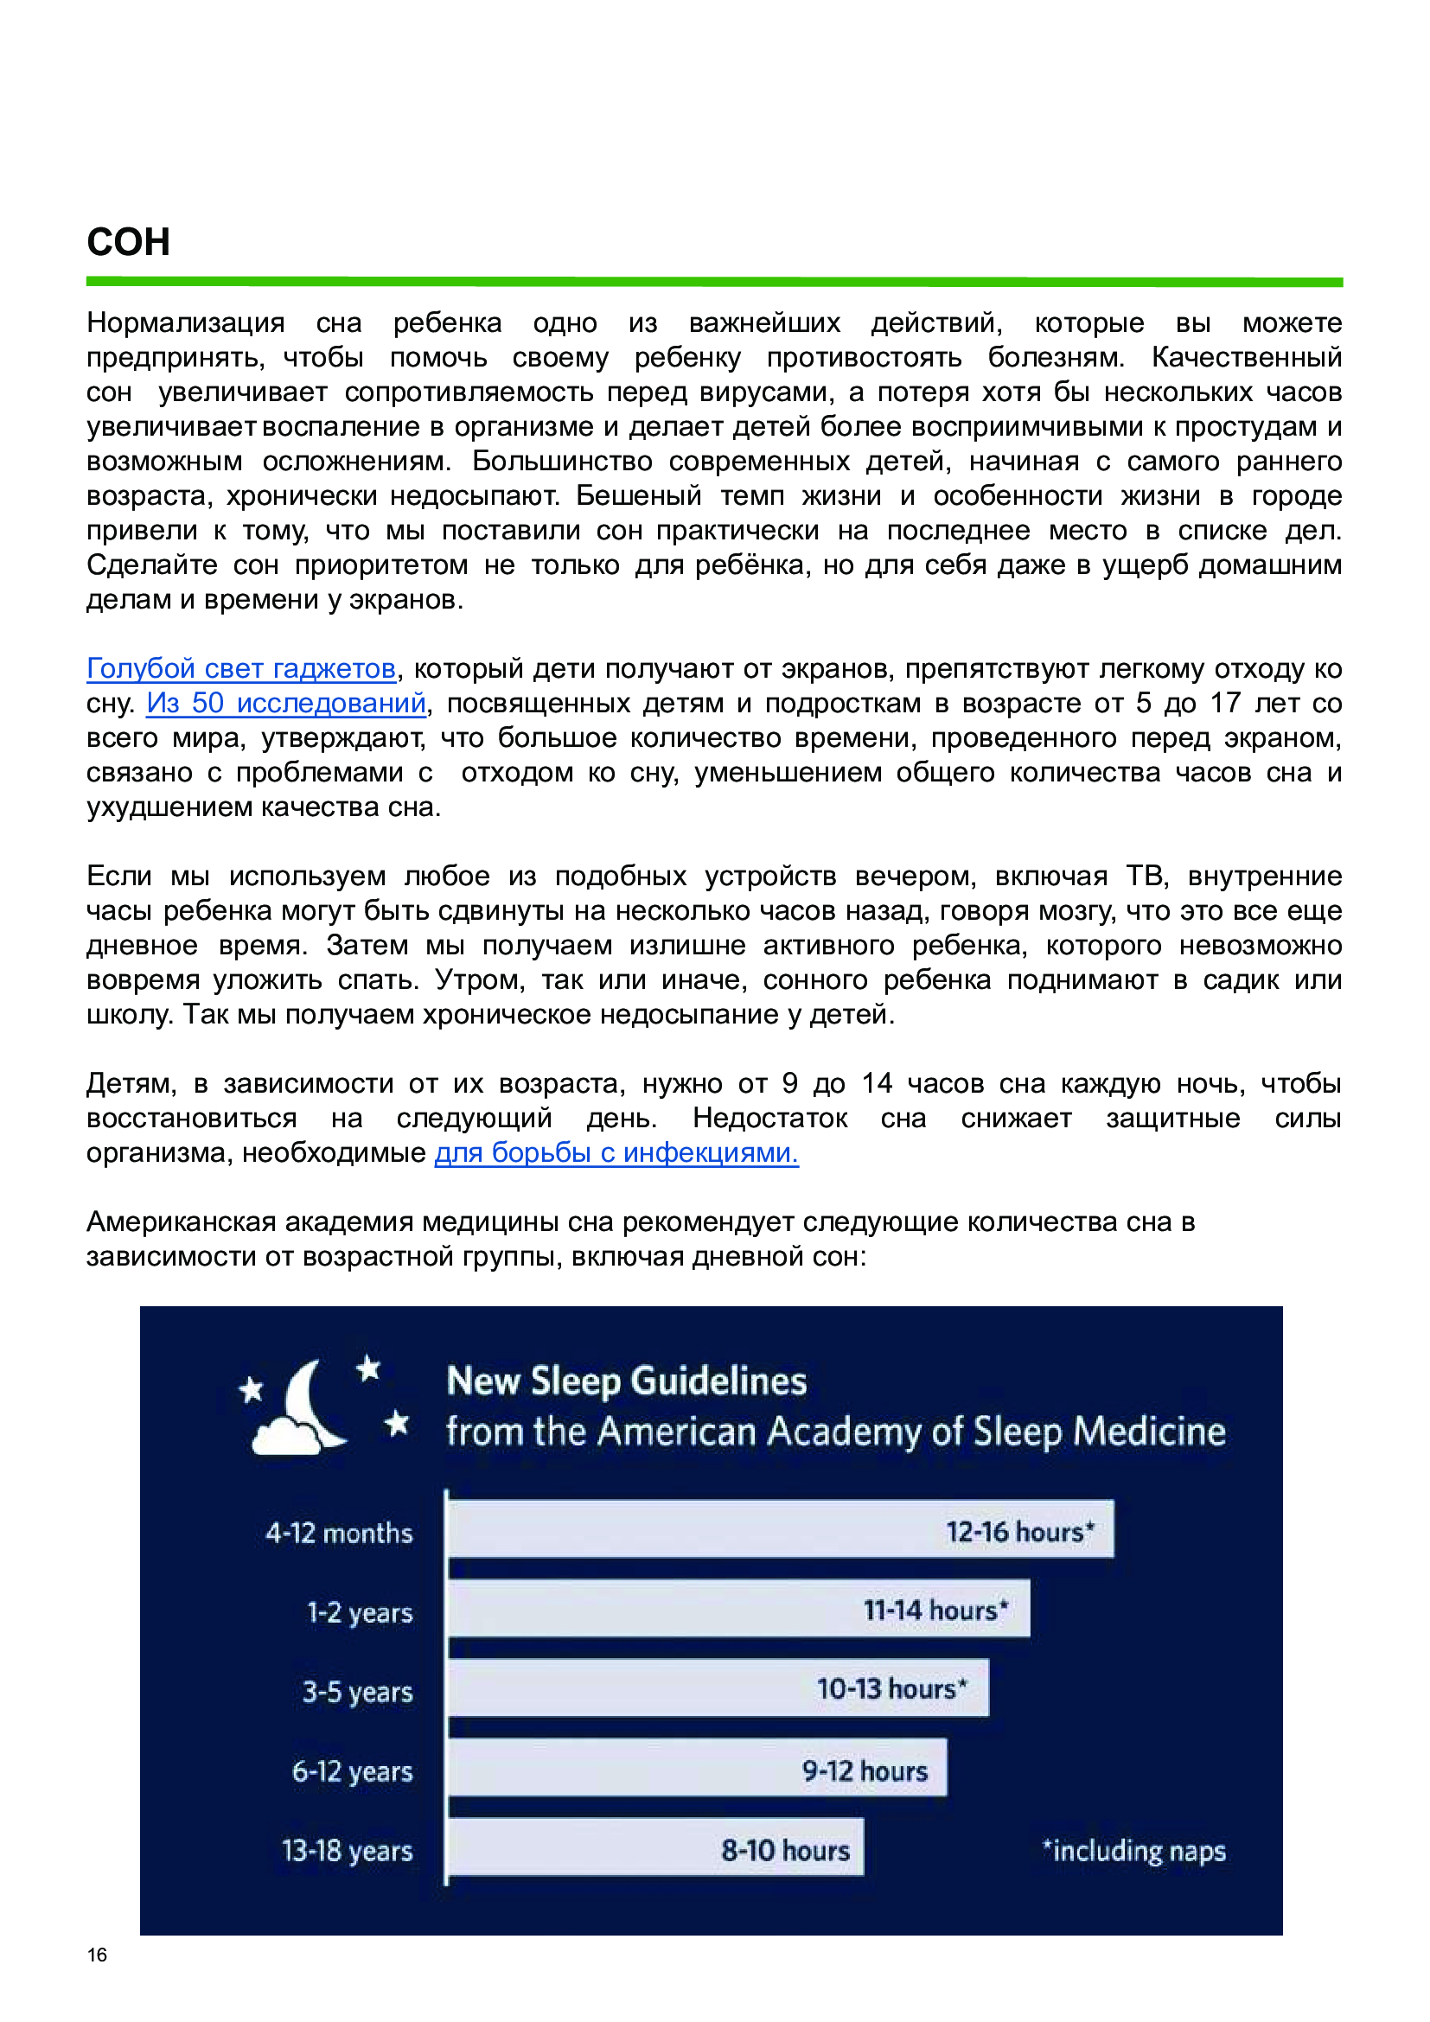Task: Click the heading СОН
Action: pyautogui.click(x=129, y=242)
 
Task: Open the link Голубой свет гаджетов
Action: pyautogui.click(x=240, y=669)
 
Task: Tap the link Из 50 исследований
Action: pyautogui.click(x=286, y=704)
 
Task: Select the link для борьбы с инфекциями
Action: pyautogui.click(x=616, y=1153)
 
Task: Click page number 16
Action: pyautogui.click(x=97, y=1955)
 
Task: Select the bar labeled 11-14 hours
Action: pyautogui.click(x=737, y=1610)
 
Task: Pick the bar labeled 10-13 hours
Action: pyautogui.click(x=718, y=1688)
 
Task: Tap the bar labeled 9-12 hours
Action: pyautogui.click(x=697, y=1768)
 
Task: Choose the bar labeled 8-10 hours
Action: pyautogui.click(x=655, y=1847)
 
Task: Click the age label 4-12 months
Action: pyautogui.click(x=339, y=1534)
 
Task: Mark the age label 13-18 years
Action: pyautogui.click(x=347, y=1850)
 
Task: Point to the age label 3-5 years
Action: pyautogui.click(x=358, y=1692)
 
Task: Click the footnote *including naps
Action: pyautogui.click(x=1134, y=1850)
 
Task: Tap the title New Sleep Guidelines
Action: pyautogui.click(x=626, y=1381)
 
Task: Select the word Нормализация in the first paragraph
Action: pyautogui.click(x=185, y=323)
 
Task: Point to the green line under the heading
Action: pyautogui.click(x=714, y=282)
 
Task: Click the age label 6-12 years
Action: pyautogui.click(x=352, y=1771)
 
